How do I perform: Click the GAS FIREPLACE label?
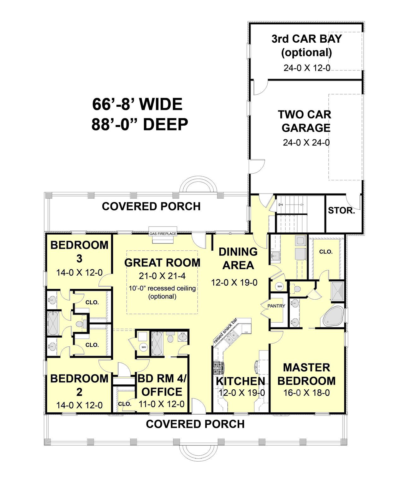pos(163,234)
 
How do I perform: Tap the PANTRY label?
pos(276,306)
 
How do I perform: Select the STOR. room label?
pos(342,210)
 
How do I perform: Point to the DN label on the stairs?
pos(281,205)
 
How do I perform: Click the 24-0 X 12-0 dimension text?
pos(307,68)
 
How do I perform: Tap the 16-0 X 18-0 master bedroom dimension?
pos(306,392)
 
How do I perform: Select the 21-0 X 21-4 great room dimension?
pos(162,276)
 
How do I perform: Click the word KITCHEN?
pos(240,381)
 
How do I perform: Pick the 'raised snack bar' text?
pos(225,331)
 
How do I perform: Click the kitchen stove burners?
pos(219,368)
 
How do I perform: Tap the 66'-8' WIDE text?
pos(137,104)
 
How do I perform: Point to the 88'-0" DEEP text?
pos(140,124)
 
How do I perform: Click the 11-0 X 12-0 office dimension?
pos(161,404)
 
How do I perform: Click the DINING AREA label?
pos(238,259)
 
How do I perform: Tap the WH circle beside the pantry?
pos(280,286)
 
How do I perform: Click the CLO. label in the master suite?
pos(326,252)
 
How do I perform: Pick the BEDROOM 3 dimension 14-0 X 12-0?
pos(80,272)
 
